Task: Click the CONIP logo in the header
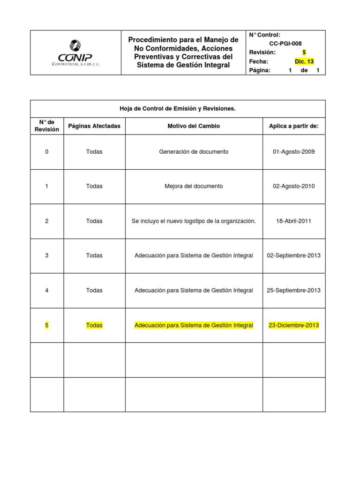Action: point(75,52)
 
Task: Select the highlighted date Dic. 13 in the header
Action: point(304,61)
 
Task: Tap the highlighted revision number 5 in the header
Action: point(304,52)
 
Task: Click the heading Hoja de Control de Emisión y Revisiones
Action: point(178,109)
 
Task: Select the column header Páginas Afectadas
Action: point(94,126)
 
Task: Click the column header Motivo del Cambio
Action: point(194,126)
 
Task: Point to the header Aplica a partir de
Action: point(293,126)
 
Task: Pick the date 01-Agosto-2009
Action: point(293,152)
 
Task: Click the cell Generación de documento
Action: point(194,152)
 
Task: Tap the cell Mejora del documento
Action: point(194,186)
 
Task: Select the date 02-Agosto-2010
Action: point(293,186)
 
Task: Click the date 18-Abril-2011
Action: point(293,221)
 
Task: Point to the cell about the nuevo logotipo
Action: point(194,221)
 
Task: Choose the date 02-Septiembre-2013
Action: point(293,255)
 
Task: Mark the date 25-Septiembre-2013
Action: point(293,290)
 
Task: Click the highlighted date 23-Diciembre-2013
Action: point(293,325)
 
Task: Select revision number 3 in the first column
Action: point(47,255)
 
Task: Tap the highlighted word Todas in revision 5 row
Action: point(94,325)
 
